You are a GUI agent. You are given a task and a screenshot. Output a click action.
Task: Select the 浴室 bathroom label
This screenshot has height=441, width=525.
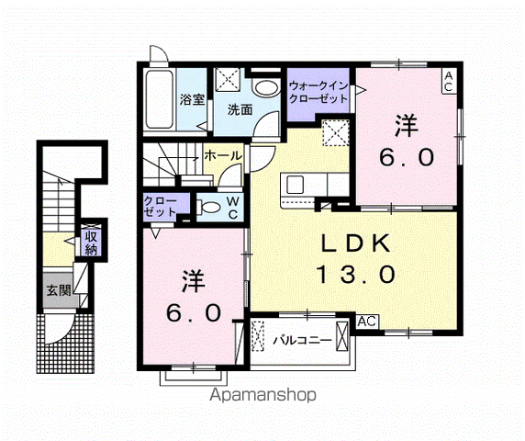tap(191, 99)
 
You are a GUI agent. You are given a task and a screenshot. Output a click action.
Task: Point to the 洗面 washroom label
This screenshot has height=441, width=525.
tap(240, 108)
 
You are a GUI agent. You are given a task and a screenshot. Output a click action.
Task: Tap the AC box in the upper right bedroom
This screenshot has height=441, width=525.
tap(447, 80)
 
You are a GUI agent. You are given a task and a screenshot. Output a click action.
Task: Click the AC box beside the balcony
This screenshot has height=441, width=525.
tap(367, 322)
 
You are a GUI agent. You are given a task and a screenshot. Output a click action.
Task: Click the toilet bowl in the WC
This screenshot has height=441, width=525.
tap(208, 207)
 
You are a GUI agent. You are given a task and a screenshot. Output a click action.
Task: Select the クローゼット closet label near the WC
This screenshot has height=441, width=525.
tap(161, 206)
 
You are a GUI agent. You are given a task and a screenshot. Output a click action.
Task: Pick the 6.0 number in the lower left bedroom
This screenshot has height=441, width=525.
tap(194, 312)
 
